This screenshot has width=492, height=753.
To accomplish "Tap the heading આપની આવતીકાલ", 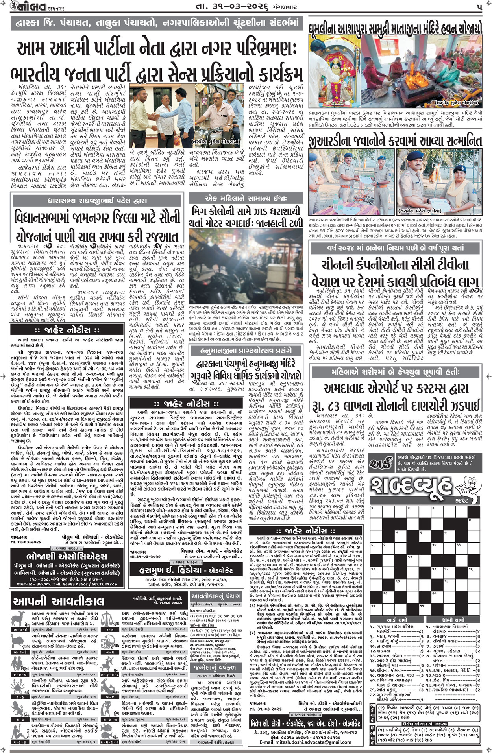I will point(59,601).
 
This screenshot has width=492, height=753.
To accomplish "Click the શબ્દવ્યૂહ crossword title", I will point(413,488).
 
